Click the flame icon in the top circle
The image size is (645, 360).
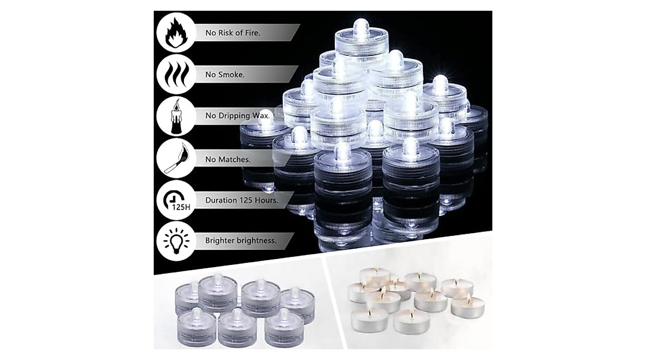click(175, 33)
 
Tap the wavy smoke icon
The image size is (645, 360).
click(175, 75)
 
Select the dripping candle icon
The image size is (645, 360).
click(175, 117)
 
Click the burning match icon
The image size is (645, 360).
click(175, 159)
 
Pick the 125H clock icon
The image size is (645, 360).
click(175, 200)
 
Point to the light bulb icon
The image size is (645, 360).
click(175, 241)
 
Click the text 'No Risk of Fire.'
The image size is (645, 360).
click(233, 33)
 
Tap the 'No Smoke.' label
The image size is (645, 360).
click(225, 75)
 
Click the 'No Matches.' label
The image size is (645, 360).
click(227, 159)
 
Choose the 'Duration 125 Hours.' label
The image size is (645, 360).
click(241, 200)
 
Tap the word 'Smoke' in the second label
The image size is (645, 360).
click(230, 75)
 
